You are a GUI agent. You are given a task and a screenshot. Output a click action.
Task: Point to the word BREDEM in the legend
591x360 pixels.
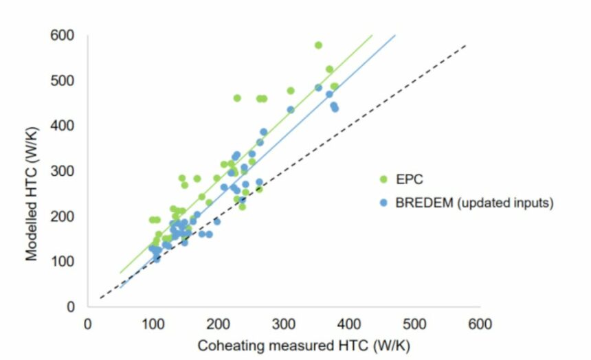(422, 203)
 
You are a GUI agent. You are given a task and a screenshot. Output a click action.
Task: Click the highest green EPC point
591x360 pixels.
(318, 45)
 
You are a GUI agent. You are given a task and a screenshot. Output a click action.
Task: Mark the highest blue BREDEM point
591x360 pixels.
(318, 88)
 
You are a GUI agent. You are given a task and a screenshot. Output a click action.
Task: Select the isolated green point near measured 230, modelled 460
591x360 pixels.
(237, 98)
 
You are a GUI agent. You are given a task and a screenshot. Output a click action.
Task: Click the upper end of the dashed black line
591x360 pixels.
(467, 45)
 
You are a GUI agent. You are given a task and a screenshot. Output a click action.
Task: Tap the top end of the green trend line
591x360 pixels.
(372, 35)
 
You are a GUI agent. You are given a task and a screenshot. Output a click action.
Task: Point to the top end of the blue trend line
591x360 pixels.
(395, 35)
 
